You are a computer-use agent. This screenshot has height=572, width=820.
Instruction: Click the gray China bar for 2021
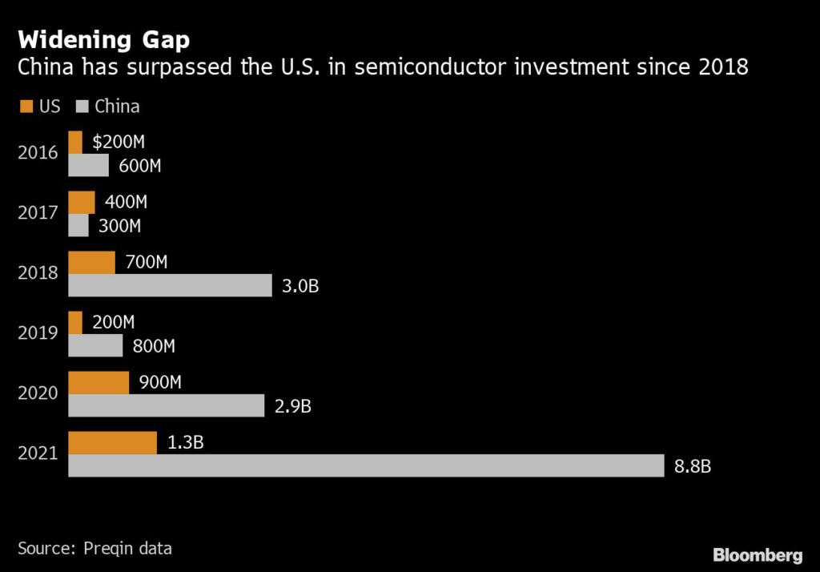tap(366, 465)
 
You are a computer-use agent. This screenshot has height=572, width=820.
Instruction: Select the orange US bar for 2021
tap(112, 443)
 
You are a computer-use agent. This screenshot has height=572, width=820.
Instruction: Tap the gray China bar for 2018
tap(170, 285)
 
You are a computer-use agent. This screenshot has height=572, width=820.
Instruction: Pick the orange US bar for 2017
tap(82, 203)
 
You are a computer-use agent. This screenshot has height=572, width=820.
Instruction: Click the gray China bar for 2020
tap(167, 405)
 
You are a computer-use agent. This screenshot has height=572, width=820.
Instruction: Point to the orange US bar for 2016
tap(75, 143)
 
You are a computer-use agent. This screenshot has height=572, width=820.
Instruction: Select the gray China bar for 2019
tap(96, 345)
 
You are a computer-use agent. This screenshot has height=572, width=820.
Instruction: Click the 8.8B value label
tap(693, 466)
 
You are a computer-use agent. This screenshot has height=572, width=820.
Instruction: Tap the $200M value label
tap(119, 142)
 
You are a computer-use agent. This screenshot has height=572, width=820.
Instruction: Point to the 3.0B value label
tap(300, 286)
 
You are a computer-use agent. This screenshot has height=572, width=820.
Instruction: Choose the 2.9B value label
tap(293, 406)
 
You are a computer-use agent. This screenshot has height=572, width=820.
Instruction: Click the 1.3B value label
tap(186, 443)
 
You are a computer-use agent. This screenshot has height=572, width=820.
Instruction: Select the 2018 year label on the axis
tap(38, 272)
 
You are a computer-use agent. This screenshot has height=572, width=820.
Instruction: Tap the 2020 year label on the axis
tap(38, 393)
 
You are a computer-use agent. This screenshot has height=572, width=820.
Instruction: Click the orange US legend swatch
tap(26, 107)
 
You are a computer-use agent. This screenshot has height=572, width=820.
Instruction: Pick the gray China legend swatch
tap(82, 107)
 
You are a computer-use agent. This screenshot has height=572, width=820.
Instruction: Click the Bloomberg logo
tap(758, 555)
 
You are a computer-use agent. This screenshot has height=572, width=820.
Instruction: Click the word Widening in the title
tap(74, 40)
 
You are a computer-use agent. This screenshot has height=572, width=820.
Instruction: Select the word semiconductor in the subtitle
tap(430, 67)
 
